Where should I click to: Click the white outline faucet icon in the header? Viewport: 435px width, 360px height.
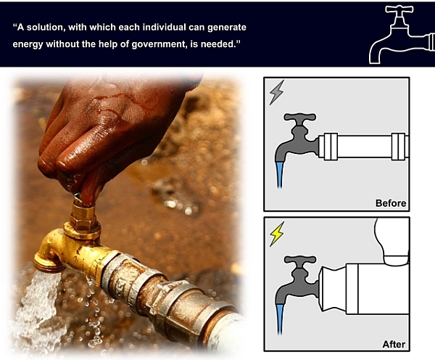[x=402, y=35]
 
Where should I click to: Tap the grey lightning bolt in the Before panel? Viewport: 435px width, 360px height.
[x=277, y=92]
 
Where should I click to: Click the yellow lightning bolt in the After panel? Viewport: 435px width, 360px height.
[x=277, y=234]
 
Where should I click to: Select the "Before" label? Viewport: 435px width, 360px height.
[x=391, y=203]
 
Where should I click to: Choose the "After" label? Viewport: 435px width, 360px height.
[x=394, y=344]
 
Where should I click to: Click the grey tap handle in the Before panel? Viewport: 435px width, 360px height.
[x=299, y=117]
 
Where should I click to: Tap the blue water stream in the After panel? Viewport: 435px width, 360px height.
[x=280, y=319]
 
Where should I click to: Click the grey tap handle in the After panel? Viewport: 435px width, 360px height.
[x=299, y=260]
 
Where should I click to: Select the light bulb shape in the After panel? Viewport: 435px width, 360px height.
[x=392, y=242]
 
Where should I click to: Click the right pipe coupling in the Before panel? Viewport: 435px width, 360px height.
[x=398, y=147]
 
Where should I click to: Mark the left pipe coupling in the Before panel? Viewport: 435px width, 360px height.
[x=331, y=147]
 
